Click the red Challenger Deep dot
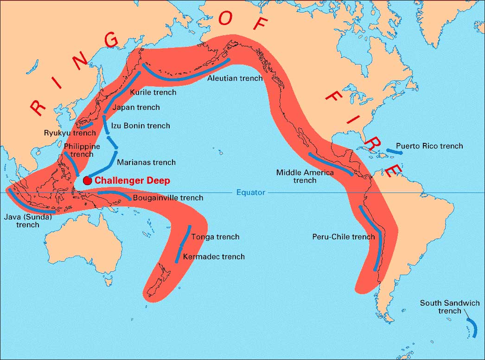tap(87, 180)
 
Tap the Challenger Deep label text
tap(132, 180)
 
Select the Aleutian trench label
tap(235, 78)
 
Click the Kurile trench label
tap(153, 92)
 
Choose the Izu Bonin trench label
tap(140, 126)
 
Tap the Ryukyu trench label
tap(70, 133)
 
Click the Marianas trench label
tap(146, 162)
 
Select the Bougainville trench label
tap(168, 198)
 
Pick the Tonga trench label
tap(215, 237)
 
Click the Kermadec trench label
tap(214, 257)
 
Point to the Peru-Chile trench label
tap(343, 237)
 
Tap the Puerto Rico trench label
tap(429, 146)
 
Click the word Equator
tap(250, 192)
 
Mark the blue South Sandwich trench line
tap(472, 327)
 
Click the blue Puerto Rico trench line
tap(394, 151)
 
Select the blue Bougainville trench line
tap(114, 193)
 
